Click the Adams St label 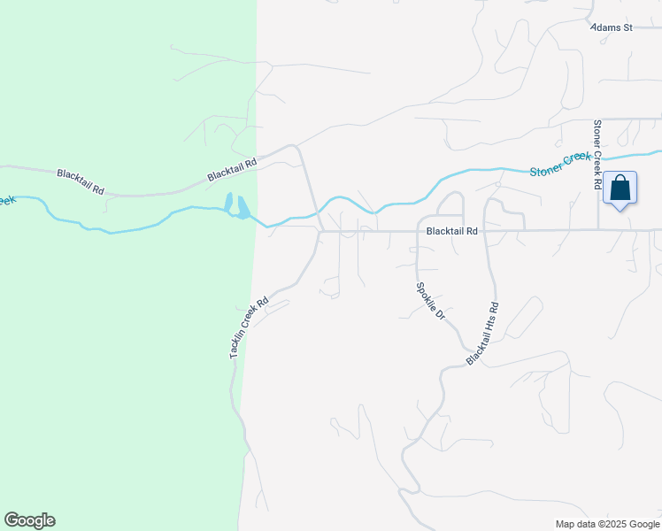click(612, 27)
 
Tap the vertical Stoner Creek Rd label click(597, 156)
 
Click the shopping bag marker click(620, 189)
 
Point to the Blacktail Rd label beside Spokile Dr click(451, 231)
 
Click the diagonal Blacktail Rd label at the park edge click(232, 169)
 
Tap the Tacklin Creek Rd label click(248, 327)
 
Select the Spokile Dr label click(430, 302)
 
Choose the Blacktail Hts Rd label click(483, 334)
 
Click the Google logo click(29, 520)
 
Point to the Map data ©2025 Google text click(607, 524)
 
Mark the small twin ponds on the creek click(236, 206)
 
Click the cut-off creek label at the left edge click(7, 201)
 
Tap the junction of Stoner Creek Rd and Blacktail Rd click(597, 230)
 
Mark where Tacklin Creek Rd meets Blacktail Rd click(320, 232)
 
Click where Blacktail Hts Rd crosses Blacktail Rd click(485, 231)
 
